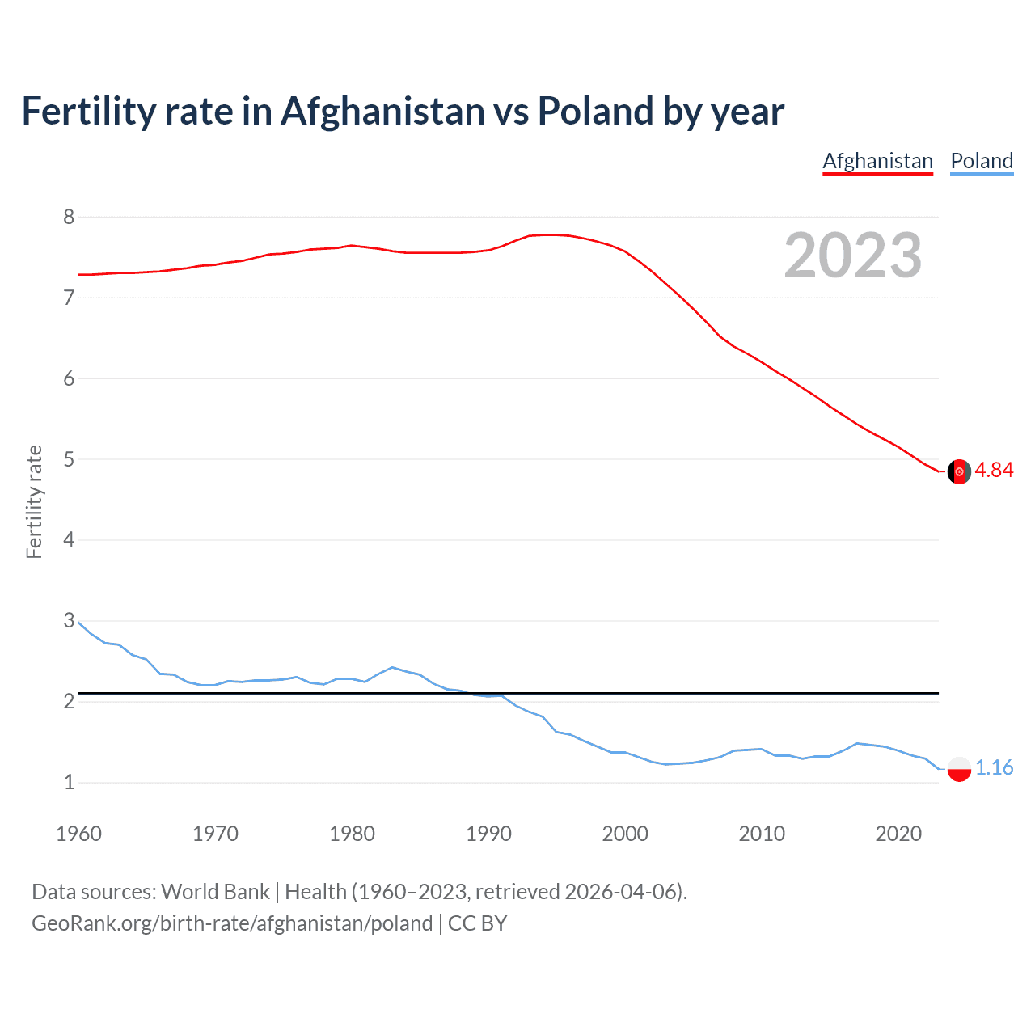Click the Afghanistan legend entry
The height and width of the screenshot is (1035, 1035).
(x=877, y=161)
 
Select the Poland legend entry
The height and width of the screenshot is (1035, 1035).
(x=982, y=161)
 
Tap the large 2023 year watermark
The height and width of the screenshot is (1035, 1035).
(x=853, y=256)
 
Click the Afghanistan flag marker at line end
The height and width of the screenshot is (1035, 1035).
(x=959, y=471)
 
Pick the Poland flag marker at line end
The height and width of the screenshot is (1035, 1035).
(x=959, y=768)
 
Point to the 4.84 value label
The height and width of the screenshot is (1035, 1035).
(x=994, y=471)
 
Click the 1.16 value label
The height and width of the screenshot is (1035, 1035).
(x=994, y=768)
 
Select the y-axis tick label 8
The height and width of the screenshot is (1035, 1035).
(x=69, y=217)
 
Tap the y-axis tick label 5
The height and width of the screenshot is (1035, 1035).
(x=69, y=459)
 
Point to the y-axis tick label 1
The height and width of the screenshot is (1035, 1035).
(x=69, y=782)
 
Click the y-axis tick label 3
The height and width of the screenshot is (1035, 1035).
(x=69, y=621)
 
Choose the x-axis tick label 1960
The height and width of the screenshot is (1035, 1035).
(x=78, y=834)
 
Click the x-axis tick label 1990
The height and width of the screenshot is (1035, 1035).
(x=488, y=834)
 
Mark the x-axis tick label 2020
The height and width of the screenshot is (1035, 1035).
(x=898, y=834)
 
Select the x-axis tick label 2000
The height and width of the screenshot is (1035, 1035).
(x=625, y=834)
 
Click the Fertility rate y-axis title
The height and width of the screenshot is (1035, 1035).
(x=34, y=501)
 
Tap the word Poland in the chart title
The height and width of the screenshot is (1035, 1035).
(x=595, y=112)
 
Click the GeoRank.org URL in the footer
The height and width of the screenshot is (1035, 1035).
(x=232, y=923)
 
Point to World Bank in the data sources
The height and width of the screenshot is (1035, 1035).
(x=215, y=892)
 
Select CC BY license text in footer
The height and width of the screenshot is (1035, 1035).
(x=477, y=923)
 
